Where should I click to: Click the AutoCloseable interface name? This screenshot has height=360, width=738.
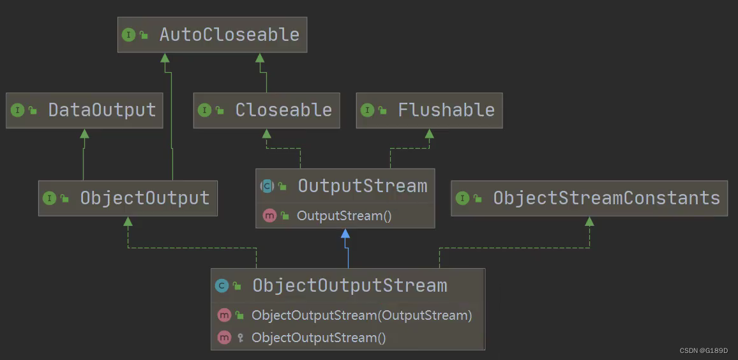click(229, 34)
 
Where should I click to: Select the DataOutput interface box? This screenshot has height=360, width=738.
click(84, 110)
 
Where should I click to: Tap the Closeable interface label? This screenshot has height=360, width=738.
click(283, 110)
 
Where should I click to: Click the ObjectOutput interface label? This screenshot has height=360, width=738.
click(144, 198)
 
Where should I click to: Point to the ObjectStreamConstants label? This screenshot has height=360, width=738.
click(606, 198)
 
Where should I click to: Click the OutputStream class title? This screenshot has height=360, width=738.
click(362, 186)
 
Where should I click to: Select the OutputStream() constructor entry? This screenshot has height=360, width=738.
click(343, 216)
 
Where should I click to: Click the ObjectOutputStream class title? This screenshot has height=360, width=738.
click(349, 285)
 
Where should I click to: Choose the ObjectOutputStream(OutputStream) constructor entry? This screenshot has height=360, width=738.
click(361, 315)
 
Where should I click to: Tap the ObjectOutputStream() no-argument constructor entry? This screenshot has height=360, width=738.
click(319, 338)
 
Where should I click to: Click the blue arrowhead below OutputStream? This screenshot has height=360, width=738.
click(345, 234)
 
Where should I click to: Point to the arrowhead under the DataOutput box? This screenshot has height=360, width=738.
click(84, 133)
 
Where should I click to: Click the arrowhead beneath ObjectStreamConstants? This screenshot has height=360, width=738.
click(589, 221)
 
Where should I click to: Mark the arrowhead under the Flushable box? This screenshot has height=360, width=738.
click(430, 133)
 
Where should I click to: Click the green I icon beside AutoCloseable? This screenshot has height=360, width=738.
click(129, 34)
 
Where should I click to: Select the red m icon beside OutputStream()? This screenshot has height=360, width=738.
click(269, 216)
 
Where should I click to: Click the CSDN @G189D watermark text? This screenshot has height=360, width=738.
click(704, 350)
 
